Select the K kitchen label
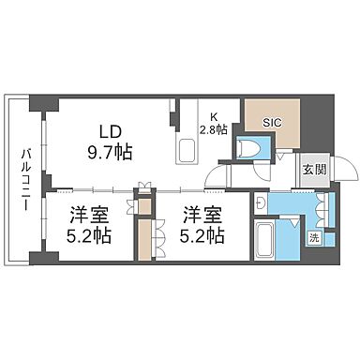[214, 116]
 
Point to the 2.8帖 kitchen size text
[214, 130]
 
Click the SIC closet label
[272, 120]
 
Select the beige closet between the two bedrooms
[144, 238]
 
